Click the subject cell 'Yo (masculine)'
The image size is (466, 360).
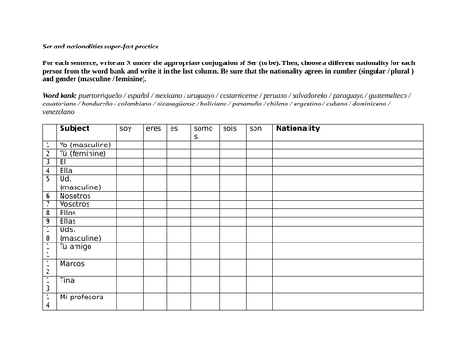pyautogui.click(x=85, y=145)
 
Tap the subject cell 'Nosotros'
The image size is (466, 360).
pyautogui.click(x=75, y=196)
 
